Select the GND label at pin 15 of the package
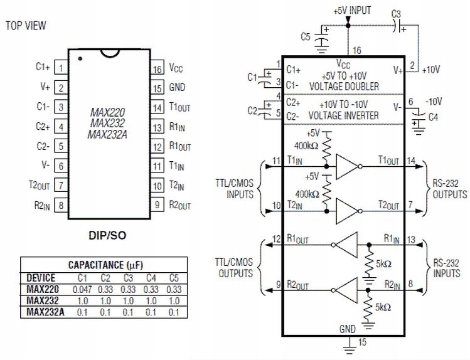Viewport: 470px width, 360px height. pyautogui.click(x=178, y=87)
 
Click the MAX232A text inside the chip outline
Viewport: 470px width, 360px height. pyautogui.click(x=107, y=134)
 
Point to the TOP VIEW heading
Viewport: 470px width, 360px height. pyautogui.click(x=25, y=26)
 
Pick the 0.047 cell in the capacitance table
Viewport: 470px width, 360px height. pyautogui.click(x=82, y=289)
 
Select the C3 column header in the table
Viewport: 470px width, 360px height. pyautogui.click(x=129, y=278)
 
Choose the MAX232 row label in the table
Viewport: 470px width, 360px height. pyautogui.click(x=42, y=300)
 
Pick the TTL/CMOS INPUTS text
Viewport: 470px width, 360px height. pyautogui.click(x=236, y=189)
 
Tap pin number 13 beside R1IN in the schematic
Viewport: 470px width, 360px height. pyautogui.click(x=411, y=238)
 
